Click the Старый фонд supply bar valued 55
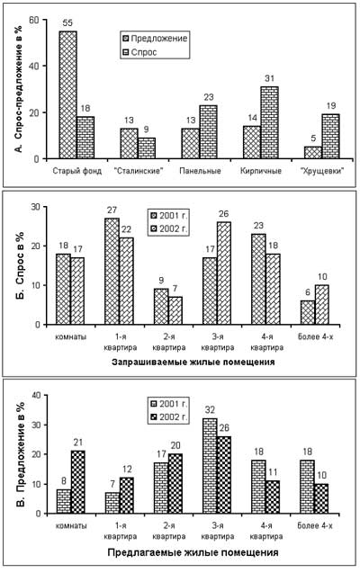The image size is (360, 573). [67, 94]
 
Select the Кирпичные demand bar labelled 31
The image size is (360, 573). [269, 122]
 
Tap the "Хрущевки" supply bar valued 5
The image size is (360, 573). [313, 153]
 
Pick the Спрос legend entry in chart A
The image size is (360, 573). [139, 52]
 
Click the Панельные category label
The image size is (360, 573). [201, 171]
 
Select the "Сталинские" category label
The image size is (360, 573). [138, 171]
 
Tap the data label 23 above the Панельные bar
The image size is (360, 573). [208, 97]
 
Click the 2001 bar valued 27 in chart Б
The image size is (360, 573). [112, 271]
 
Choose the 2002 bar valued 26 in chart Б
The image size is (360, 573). [224, 273]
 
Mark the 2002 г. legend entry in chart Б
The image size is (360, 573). [168, 229]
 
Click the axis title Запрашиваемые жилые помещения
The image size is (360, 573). [193, 363]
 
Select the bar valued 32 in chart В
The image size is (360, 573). [210, 466]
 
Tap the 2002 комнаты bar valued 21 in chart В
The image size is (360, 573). [77, 482]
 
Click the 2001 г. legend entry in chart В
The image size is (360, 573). [168, 404]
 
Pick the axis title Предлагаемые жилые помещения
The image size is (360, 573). [193, 552]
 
